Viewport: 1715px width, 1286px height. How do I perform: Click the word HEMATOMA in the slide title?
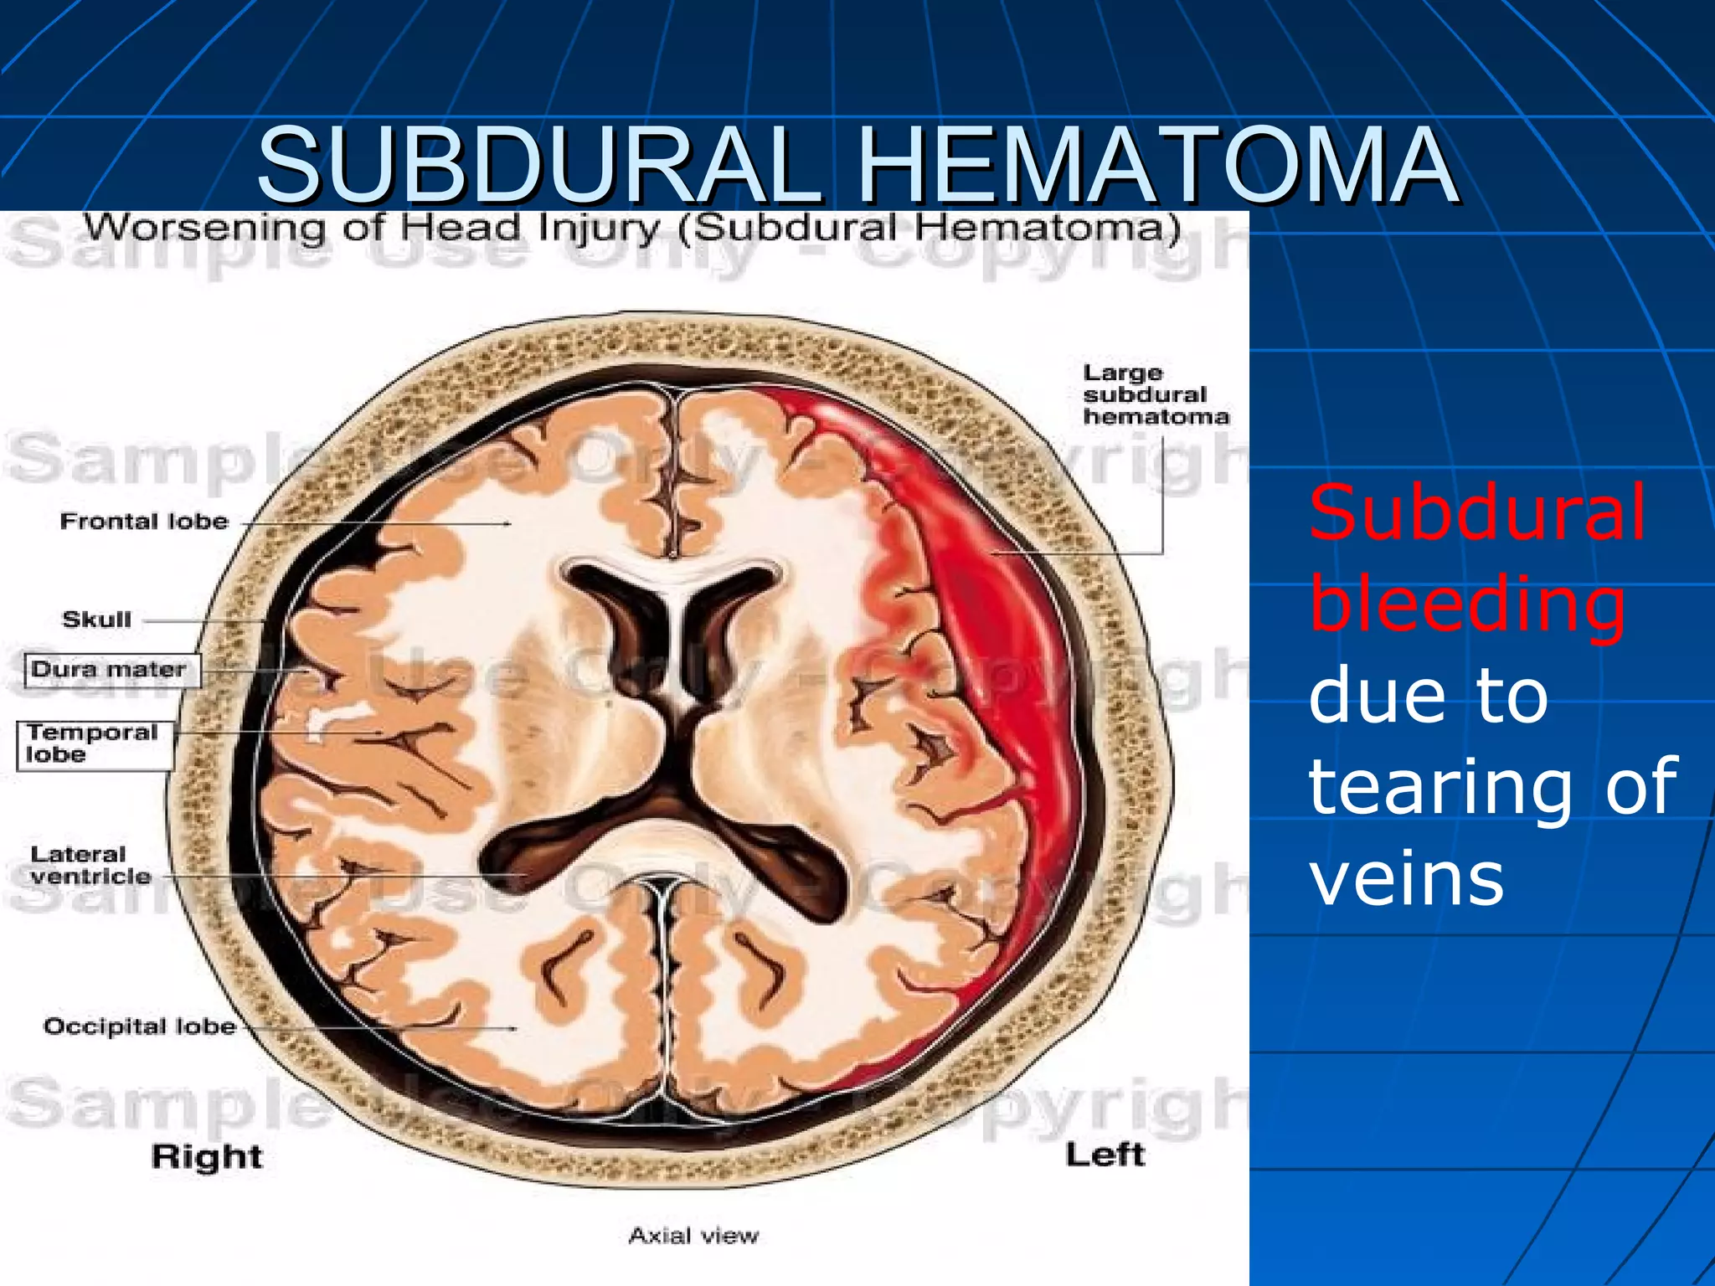(1158, 165)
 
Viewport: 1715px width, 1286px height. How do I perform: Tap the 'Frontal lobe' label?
(144, 522)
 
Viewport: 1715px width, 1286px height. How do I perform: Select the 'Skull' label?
(97, 620)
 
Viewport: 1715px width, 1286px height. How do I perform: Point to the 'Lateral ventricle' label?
(90, 865)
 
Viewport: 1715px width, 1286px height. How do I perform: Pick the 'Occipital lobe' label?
(140, 1026)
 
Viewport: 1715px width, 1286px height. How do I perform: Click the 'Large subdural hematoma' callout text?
(1155, 394)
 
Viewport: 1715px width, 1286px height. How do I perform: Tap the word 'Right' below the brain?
(207, 1156)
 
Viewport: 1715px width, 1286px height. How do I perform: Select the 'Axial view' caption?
(693, 1236)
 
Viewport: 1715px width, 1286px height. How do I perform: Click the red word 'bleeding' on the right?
(1467, 604)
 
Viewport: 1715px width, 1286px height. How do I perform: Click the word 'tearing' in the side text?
(1440, 787)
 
